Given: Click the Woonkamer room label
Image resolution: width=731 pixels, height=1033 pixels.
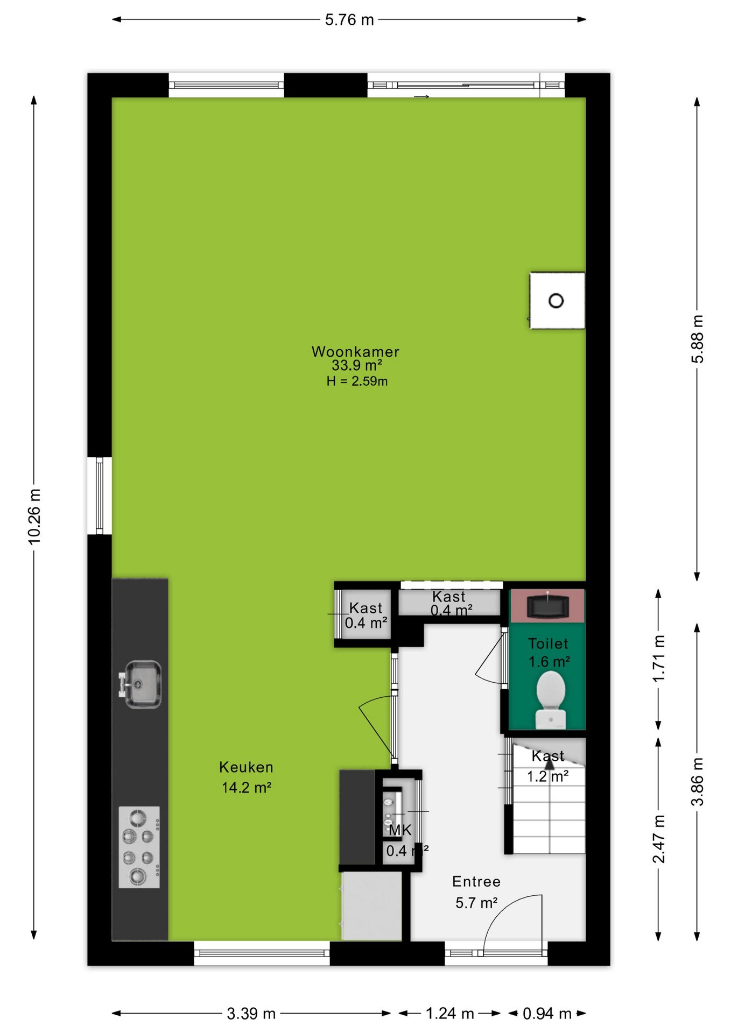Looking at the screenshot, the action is point(355,352).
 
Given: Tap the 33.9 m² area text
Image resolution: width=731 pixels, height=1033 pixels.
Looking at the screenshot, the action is point(356,366).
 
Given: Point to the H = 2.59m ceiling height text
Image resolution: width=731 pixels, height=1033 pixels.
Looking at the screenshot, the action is point(357,381).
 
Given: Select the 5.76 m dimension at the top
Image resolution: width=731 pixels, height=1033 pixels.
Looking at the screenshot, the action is point(349,20).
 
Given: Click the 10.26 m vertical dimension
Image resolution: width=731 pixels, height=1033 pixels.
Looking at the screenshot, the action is point(34,516).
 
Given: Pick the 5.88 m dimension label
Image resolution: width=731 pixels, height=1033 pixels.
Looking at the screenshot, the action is point(697,339).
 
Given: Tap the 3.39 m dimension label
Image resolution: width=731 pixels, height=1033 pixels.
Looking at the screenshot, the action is point(251,1014).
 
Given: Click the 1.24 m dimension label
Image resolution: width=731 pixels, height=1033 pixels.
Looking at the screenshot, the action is point(450,1014).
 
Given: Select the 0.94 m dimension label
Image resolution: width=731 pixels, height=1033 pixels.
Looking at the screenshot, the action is point(547,1014).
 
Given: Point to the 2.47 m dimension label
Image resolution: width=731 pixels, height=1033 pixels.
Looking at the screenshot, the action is point(659,839).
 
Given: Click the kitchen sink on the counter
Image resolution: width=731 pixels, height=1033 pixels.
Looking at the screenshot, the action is point(141,684).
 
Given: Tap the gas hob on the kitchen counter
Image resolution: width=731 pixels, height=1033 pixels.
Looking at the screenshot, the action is point(139,847).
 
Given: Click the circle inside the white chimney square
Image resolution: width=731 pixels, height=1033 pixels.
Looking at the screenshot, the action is point(556,301).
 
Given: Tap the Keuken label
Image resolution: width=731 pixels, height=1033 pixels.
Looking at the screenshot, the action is point(246,767).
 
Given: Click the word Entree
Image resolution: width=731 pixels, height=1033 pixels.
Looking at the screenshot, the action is point(476,882).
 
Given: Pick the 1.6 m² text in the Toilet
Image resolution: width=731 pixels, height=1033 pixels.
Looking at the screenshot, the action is point(549,662).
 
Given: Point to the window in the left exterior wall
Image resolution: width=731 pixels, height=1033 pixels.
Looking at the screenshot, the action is point(100,496).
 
